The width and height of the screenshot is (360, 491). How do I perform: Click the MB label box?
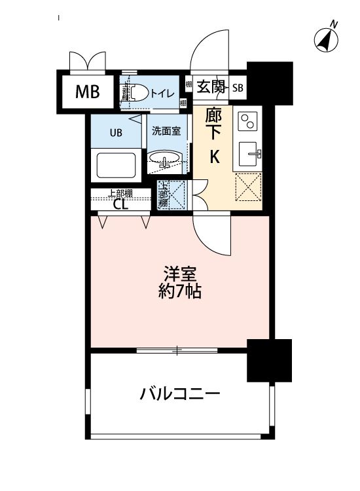point(87,92)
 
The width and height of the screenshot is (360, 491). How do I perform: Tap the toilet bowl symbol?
point(135,93)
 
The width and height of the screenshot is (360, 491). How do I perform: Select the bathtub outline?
point(116,164)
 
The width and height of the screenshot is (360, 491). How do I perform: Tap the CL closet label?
point(120,204)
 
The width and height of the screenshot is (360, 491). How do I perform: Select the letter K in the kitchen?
point(214,157)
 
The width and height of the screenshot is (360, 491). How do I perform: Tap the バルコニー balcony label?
point(179,394)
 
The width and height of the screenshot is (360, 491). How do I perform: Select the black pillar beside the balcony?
point(268,360)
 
